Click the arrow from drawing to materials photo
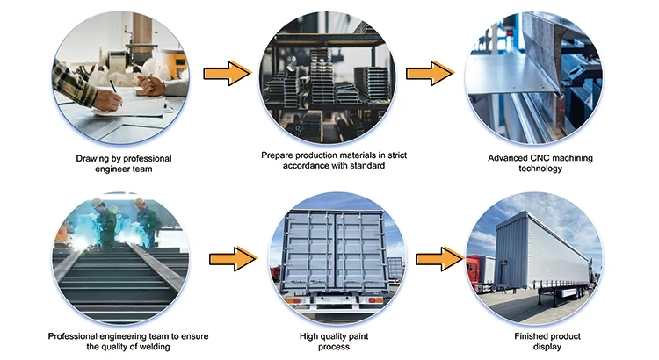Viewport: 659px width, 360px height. coord(228,74)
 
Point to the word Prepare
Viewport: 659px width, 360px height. coord(279,155)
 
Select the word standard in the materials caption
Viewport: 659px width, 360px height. coord(366,165)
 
